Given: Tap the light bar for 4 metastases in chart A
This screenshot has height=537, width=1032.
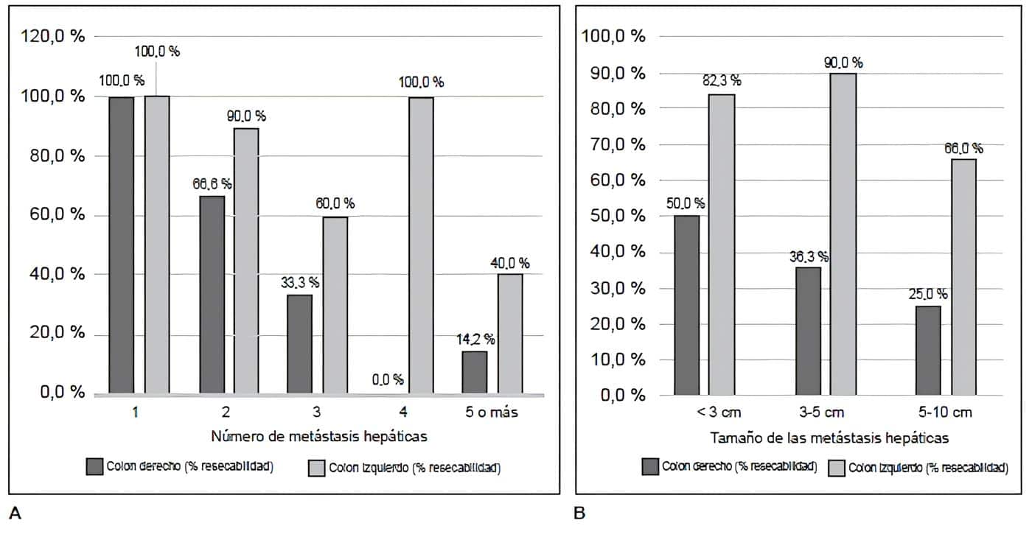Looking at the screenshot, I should tap(421, 245).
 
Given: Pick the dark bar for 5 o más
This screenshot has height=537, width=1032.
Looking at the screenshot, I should tap(474, 372).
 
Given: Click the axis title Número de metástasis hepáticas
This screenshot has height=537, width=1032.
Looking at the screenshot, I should tap(319, 436).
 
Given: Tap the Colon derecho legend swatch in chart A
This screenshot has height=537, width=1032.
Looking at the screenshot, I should tap(95, 466).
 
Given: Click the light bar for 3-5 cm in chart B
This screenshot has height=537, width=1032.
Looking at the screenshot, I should tap(843, 234).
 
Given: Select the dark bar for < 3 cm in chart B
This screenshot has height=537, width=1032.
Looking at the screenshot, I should tap(686, 305).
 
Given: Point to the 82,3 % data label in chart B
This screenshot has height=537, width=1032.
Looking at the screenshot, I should tap(721, 80).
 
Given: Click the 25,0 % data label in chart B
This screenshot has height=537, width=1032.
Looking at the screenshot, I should tap(927, 294).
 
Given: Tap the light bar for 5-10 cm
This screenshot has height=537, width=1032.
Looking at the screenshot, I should tap(963, 276).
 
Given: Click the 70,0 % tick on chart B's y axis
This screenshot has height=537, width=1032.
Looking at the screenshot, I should tap(613, 145).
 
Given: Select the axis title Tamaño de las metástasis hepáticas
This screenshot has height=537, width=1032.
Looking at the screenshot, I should tap(829, 438).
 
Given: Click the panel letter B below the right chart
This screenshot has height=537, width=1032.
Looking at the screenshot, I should tap(579, 513).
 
